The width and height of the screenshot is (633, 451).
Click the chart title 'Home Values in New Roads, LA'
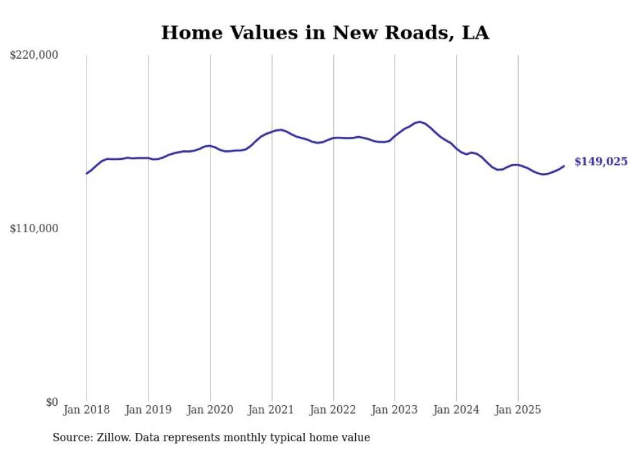pyautogui.click(x=325, y=32)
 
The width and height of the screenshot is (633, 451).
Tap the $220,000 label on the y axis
pyautogui.click(x=34, y=55)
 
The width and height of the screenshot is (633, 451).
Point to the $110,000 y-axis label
pyautogui.click(x=34, y=228)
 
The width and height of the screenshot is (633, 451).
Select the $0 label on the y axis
pyautogui.click(x=52, y=402)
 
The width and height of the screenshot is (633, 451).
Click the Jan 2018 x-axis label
pyautogui.click(x=87, y=410)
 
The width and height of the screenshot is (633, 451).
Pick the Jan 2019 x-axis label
pyautogui.click(x=149, y=410)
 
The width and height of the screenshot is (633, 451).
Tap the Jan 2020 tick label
pyautogui.click(x=210, y=410)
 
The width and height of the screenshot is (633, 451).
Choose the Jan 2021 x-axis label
pyautogui.click(x=271, y=410)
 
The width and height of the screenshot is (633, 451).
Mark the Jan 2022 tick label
pyautogui.click(x=333, y=410)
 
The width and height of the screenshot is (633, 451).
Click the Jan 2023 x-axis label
pyautogui.click(x=395, y=410)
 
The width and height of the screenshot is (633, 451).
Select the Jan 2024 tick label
pyautogui.click(x=457, y=410)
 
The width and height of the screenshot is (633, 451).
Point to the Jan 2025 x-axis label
pyautogui.click(x=518, y=410)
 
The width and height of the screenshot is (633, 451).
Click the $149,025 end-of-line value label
pyautogui.click(x=601, y=162)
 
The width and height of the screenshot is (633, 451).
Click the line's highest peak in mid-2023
pyautogui.click(x=420, y=121)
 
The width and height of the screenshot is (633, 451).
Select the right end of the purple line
pyautogui.click(x=564, y=166)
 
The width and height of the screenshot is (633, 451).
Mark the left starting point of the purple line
pyautogui.click(x=87, y=173)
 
